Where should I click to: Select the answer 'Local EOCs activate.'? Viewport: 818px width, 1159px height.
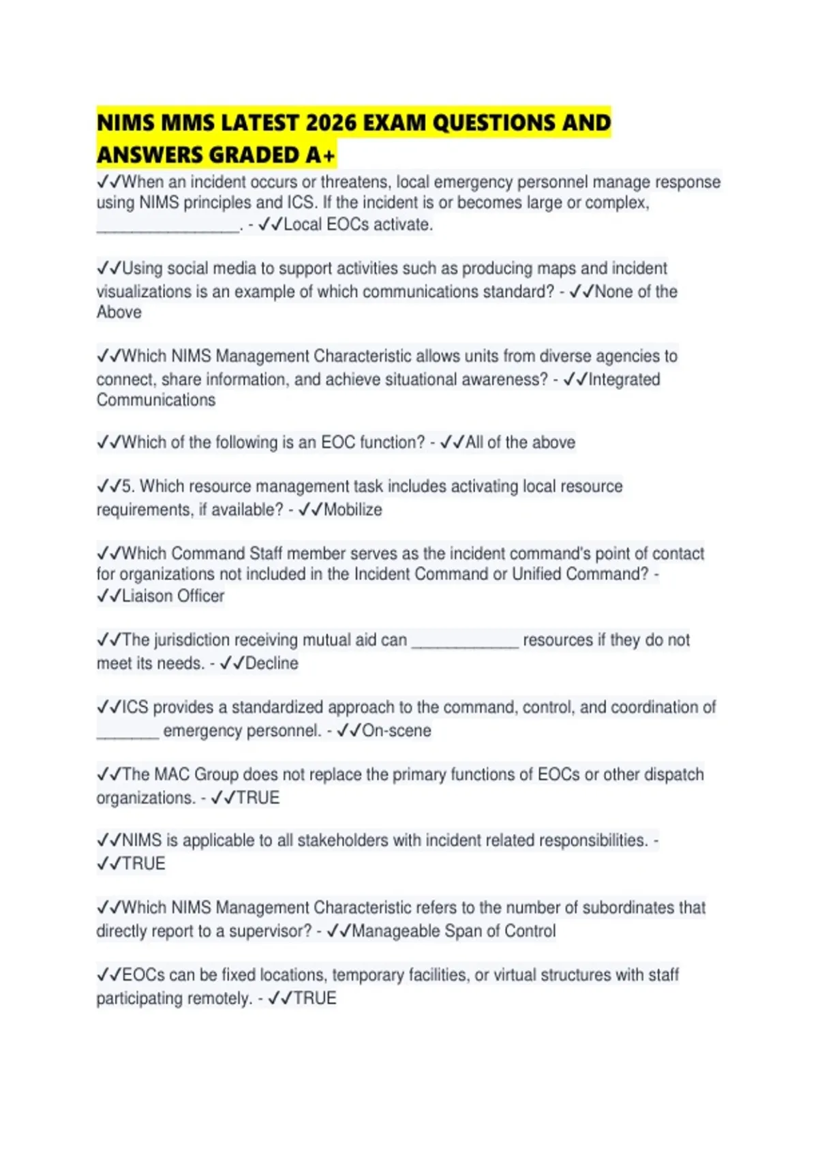tap(358, 225)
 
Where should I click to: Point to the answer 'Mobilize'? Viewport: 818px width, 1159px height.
tap(352, 510)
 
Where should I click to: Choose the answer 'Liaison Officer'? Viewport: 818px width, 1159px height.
tap(172, 596)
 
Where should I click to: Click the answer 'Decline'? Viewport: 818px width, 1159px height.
tap(271, 663)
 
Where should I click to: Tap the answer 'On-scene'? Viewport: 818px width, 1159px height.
tap(396, 731)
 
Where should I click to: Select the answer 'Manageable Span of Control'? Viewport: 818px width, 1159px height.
tap(453, 931)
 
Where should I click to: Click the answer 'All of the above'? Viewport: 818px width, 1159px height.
tap(519, 442)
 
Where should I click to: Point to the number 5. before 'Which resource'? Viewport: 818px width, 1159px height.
tap(128, 487)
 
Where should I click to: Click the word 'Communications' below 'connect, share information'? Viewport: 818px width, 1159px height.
tap(156, 400)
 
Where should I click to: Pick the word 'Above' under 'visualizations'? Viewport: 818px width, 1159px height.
tap(119, 312)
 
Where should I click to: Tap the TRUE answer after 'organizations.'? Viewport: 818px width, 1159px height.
tap(258, 798)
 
